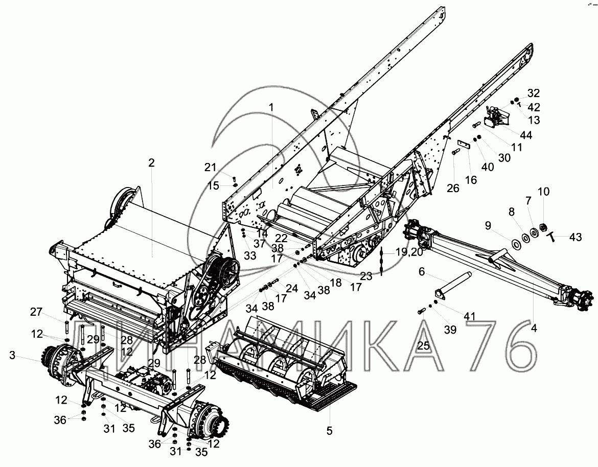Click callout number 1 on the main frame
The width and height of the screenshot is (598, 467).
tap(272, 107)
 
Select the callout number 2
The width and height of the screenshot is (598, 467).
tap(151, 162)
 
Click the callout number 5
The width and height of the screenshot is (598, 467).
tap(329, 431)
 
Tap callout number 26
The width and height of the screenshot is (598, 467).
tap(453, 188)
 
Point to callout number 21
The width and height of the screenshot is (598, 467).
tap(211, 167)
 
